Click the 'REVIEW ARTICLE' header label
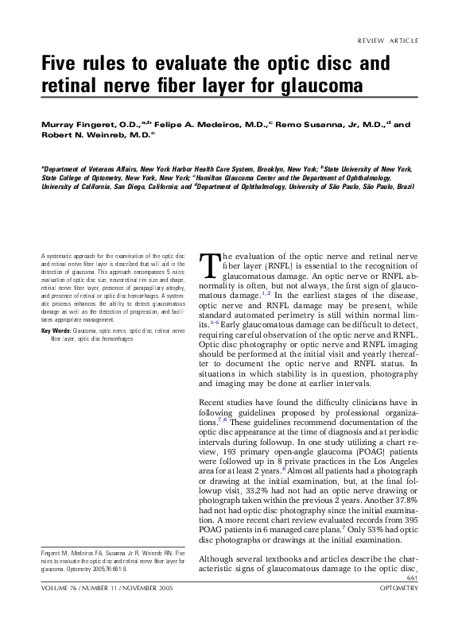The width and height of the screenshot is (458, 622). coord(387,41)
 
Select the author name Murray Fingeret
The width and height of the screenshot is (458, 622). coord(77,125)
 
